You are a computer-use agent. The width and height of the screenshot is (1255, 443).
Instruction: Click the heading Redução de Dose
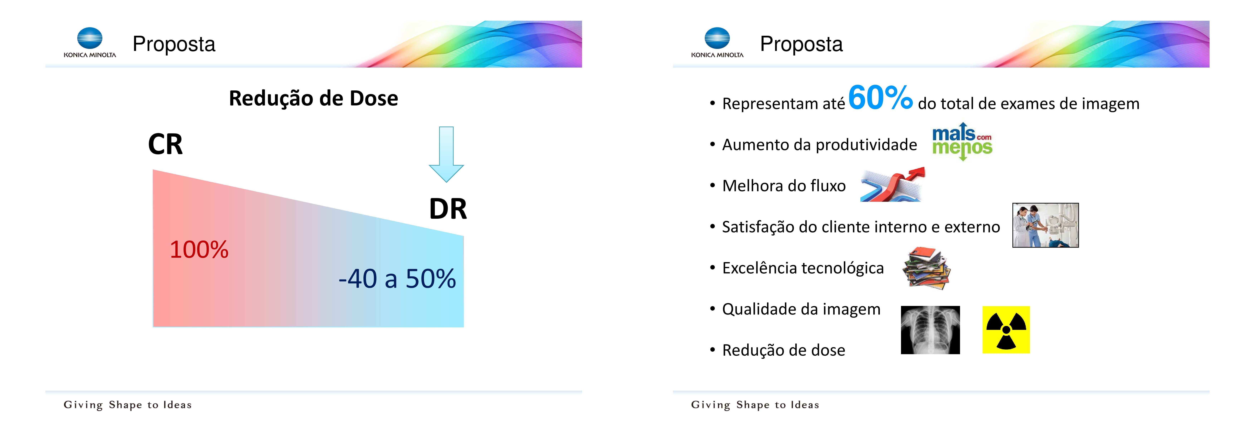(313, 98)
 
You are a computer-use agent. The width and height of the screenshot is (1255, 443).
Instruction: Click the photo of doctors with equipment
(1046, 225)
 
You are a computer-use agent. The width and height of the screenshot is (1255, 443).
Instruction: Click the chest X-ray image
(930, 330)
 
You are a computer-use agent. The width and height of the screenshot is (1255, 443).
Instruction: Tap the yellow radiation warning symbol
(1006, 330)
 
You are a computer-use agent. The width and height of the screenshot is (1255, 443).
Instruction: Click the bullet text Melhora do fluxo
(784, 186)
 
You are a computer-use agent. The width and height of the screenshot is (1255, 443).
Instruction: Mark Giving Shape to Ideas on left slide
(128, 405)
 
